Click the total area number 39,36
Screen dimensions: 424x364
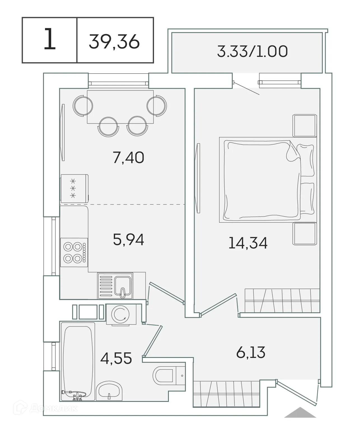click(114, 41)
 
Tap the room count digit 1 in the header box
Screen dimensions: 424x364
click(50, 40)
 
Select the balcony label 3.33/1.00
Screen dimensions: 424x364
click(252, 52)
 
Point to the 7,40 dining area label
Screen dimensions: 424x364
click(128, 157)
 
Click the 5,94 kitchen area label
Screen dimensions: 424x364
click(128, 239)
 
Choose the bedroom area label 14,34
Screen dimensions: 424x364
click(248, 243)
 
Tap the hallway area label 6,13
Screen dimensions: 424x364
click(251, 352)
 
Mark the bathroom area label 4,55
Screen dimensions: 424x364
click(116, 358)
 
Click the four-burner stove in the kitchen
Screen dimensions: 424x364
click(74, 252)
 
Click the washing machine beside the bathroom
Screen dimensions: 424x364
click(121, 314)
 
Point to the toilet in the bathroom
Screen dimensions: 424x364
click(164, 375)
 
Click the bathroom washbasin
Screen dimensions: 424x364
click(109, 391)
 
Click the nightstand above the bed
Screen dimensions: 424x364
click(305, 125)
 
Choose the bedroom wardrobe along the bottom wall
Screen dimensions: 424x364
click(282, 300)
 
